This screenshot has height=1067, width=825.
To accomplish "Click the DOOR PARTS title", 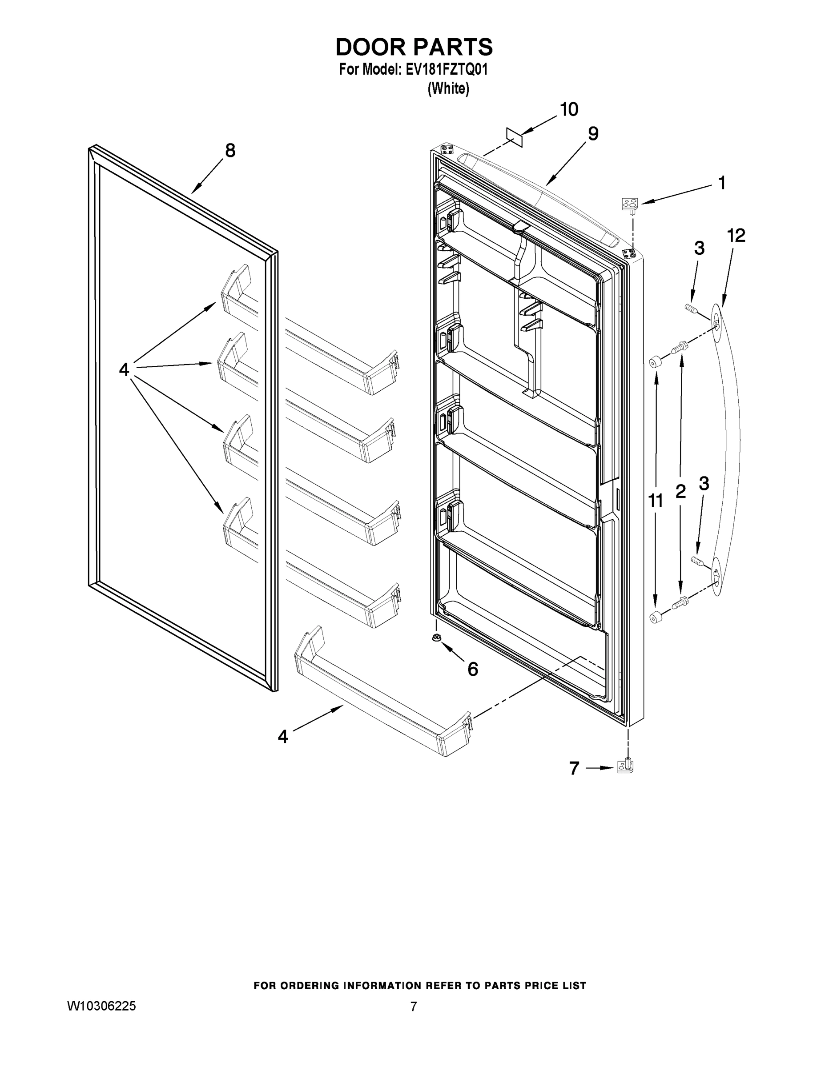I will (x=414, y=48).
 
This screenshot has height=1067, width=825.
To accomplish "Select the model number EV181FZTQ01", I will (x=447, y=70).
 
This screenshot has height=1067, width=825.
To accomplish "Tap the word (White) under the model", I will (x=448, y=88).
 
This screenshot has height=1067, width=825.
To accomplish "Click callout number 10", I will (x=569, y=109).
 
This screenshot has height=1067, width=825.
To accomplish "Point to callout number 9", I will (x=592, y=133).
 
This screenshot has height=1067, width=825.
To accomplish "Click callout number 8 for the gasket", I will (x=229, y=150).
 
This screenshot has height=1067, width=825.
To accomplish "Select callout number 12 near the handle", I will (x=736, y=236).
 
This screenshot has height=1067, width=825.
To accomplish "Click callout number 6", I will (x=473, y=669).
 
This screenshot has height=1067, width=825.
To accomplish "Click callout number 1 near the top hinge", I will (x=721, y=183).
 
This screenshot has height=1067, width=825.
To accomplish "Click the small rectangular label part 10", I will (x=514, y=137).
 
